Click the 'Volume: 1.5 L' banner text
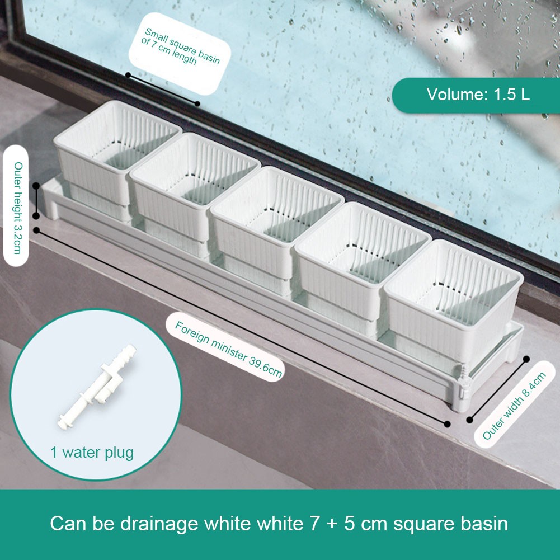[478, 95]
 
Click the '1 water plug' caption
[92, 453]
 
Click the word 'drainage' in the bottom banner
[164, 524]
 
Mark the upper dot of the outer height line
[36, 186]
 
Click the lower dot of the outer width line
[470, 420]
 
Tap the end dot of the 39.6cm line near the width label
[447, 424]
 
